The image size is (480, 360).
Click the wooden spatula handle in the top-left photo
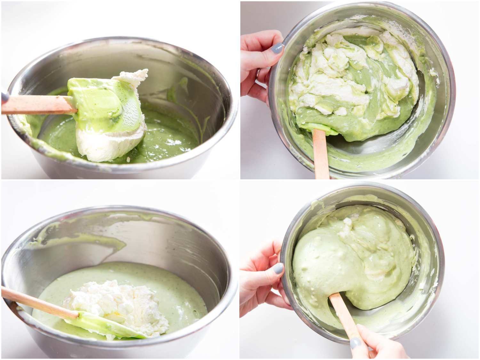[x=35, y=105]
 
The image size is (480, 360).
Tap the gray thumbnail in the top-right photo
[x=277, y=48]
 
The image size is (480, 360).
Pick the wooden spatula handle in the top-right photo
[x=321, y=154]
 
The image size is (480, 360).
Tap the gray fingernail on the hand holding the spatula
[x=356, y=343]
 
